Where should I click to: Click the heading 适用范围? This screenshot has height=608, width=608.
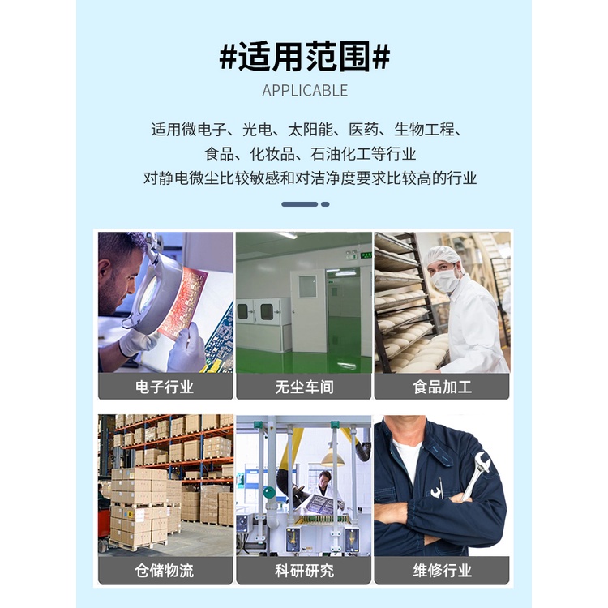pyautogui.click(x=304, y=58)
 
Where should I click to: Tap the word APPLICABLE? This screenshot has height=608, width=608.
pyautogui.click(x=305, y=91)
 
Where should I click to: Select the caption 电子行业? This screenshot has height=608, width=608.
pyautogui.click(x=165, y=387)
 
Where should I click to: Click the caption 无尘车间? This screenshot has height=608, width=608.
pyautogui.click(x=304, y=387)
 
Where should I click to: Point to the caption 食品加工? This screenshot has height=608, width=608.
pyautogui.click(x=442, y=387)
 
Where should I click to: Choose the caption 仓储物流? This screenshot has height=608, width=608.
pyautogui.click(x=165, y=571)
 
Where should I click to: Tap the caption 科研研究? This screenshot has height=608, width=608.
pyautogui.click(x=304, y=571)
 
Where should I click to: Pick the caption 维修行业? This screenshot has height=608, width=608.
pyautogui.click(x=442, y=571)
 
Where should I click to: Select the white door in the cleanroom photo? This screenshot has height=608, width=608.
pyautogui.click(x=309, y=310)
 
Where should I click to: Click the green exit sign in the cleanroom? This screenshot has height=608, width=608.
pyautogui.click(x=366, y=255)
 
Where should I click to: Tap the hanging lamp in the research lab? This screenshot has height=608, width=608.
pyautogui.click(x=332, y=460)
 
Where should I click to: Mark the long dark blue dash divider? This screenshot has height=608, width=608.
pyautogui.click(x=300, y=204)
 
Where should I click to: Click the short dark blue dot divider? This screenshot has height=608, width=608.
pyautogui.click(x=325, y=204)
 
